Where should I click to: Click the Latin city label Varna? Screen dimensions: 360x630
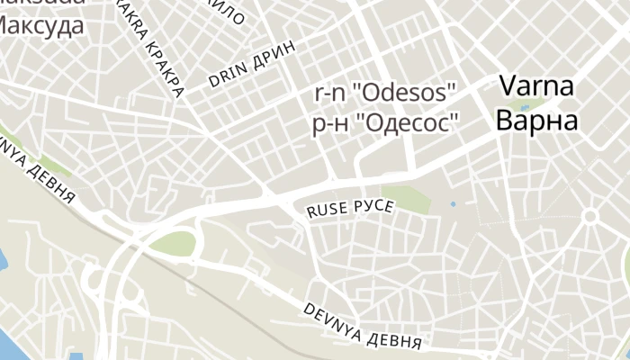pos(537,88)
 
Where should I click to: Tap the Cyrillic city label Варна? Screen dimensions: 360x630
pos(537,121)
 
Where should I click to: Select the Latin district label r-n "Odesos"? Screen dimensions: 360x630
pos(385,93)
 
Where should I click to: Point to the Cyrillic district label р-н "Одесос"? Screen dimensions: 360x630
pos(385,123)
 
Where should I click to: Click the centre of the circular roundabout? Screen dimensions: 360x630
pos(590,217)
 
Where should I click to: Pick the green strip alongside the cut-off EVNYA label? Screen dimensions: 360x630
pos(54,166)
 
